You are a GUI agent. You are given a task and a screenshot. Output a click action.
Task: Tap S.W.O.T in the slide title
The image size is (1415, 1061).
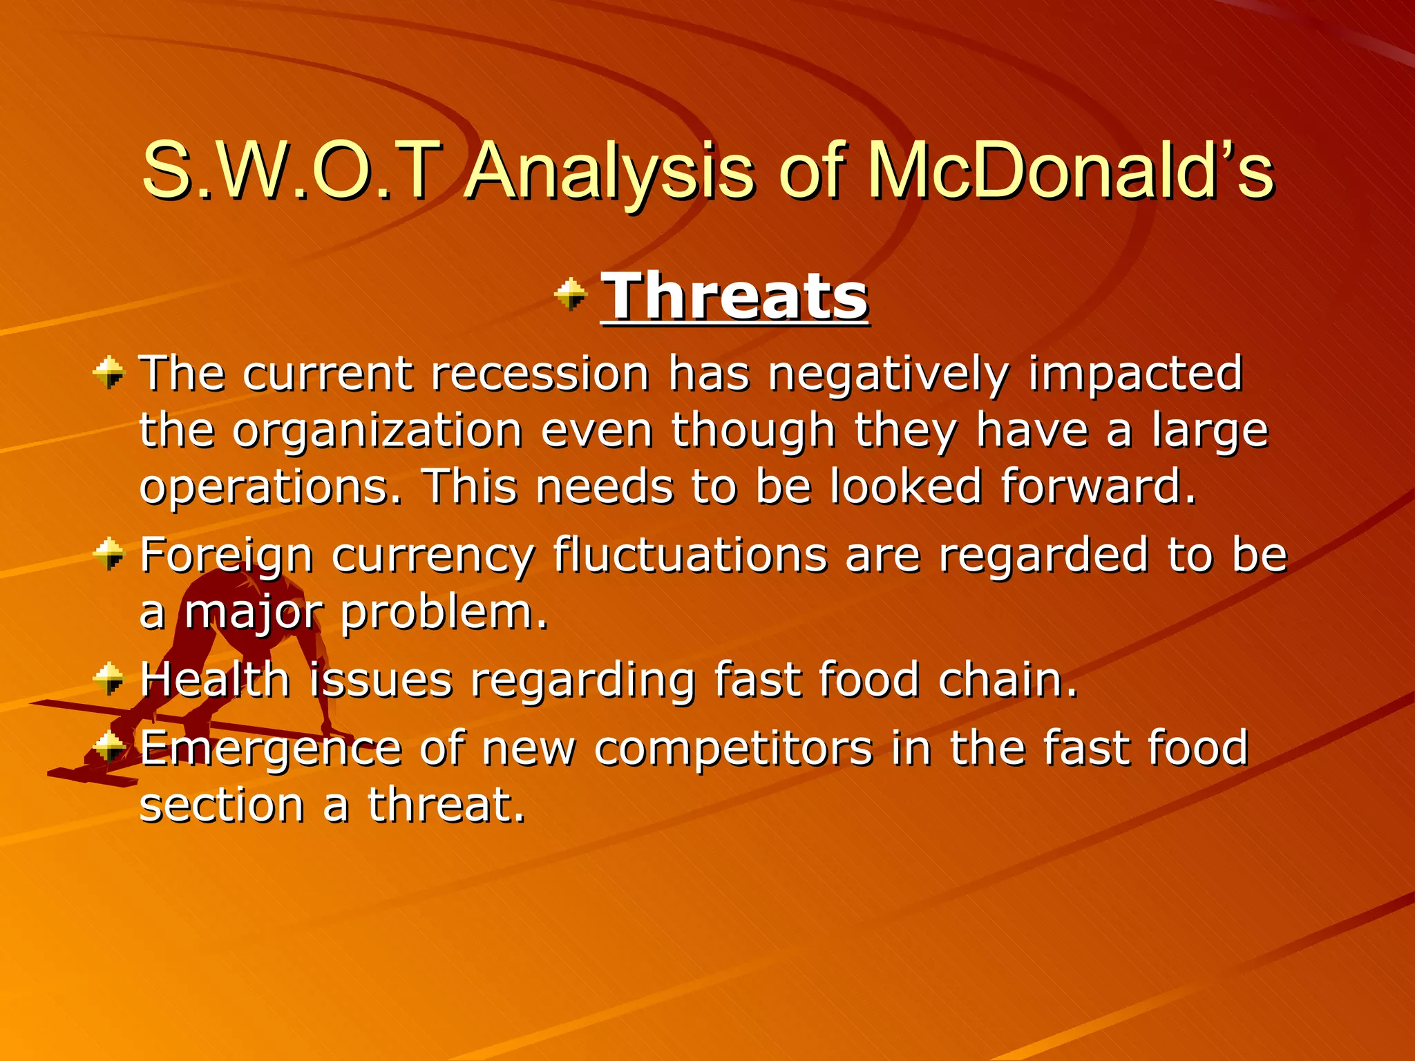tap(290, 171)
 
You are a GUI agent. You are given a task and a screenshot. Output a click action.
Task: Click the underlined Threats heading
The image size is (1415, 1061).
tap(734, 296)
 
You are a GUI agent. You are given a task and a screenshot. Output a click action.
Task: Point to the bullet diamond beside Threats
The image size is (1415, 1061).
tap(570, 294)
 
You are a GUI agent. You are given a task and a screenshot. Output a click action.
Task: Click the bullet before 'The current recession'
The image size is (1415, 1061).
tap(109, 373)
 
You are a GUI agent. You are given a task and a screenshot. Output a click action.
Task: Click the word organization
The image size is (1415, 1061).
tap(377, 432)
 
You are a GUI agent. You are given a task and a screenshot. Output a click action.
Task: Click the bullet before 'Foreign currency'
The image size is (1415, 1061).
tap(109, 555)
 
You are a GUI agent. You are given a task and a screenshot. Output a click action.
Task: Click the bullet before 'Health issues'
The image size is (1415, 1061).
tap(109, 678)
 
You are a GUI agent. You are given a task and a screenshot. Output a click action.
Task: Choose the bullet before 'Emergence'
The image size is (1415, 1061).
tap(109, 746)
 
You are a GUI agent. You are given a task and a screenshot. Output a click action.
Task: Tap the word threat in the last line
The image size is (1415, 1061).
tap(446, 805)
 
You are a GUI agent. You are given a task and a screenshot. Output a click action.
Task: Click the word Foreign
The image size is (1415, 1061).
tap(227, 557)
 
